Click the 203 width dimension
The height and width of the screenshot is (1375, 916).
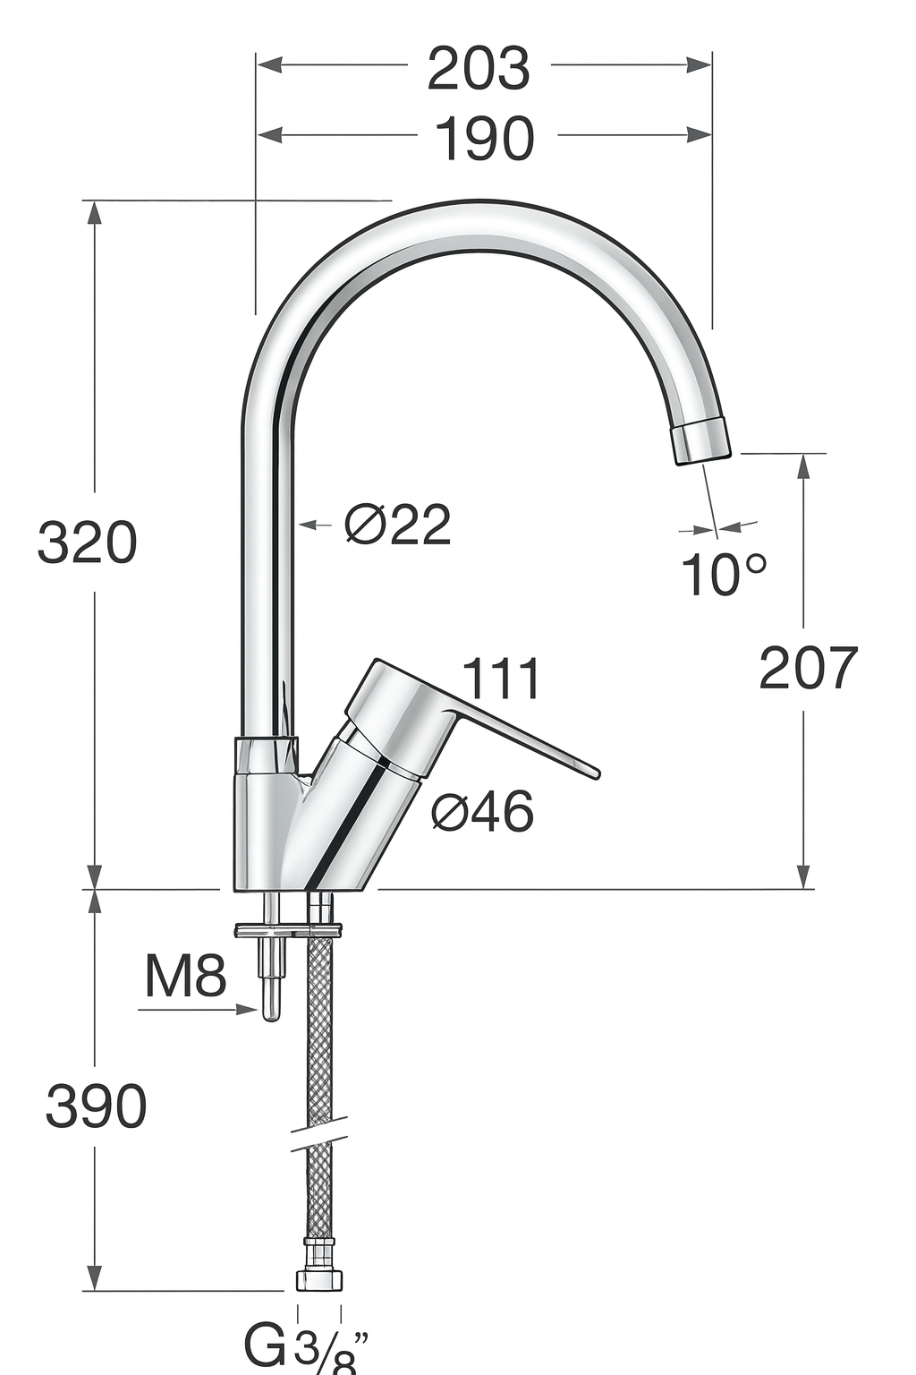[x=479, y=69]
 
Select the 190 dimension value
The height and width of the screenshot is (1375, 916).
[x=485, y=139]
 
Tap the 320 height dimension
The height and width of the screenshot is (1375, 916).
[x=87, y=542]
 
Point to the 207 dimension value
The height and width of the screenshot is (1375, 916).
[x=808, y=668]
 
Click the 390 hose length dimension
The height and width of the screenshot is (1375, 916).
[x=96, y=1106]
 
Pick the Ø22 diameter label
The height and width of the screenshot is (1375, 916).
[x=398, y=525]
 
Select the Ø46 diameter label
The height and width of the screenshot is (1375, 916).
[x=482, y=812]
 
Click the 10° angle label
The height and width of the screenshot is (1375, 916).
[x=724, y=574]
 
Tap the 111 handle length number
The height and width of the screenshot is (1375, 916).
[x=502, y=679]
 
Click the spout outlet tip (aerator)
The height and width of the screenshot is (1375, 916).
[x=702, y=441]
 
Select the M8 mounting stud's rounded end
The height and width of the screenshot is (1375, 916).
[x=269, y=1011]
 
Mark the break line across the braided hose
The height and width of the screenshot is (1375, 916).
[x=318, y=1132]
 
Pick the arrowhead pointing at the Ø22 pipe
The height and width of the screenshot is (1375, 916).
[x=304, y=525]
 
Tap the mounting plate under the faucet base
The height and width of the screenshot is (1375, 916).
[x=288, y=930]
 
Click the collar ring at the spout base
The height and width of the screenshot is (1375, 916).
[x=266, y=755]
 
